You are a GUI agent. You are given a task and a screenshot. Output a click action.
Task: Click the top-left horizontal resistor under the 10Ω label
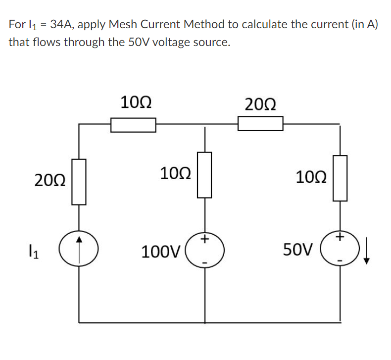point(133,125)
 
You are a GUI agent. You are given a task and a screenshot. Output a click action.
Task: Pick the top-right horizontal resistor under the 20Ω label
point(260,123)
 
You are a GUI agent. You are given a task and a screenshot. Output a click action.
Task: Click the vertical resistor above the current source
point(79,181)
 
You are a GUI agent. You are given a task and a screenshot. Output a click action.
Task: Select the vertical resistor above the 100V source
point(205,175)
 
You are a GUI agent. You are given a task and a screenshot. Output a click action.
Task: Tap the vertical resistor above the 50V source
point(340,178)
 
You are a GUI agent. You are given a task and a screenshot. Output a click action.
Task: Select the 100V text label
point(161,252)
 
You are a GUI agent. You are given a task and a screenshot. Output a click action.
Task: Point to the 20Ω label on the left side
point(50,180)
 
